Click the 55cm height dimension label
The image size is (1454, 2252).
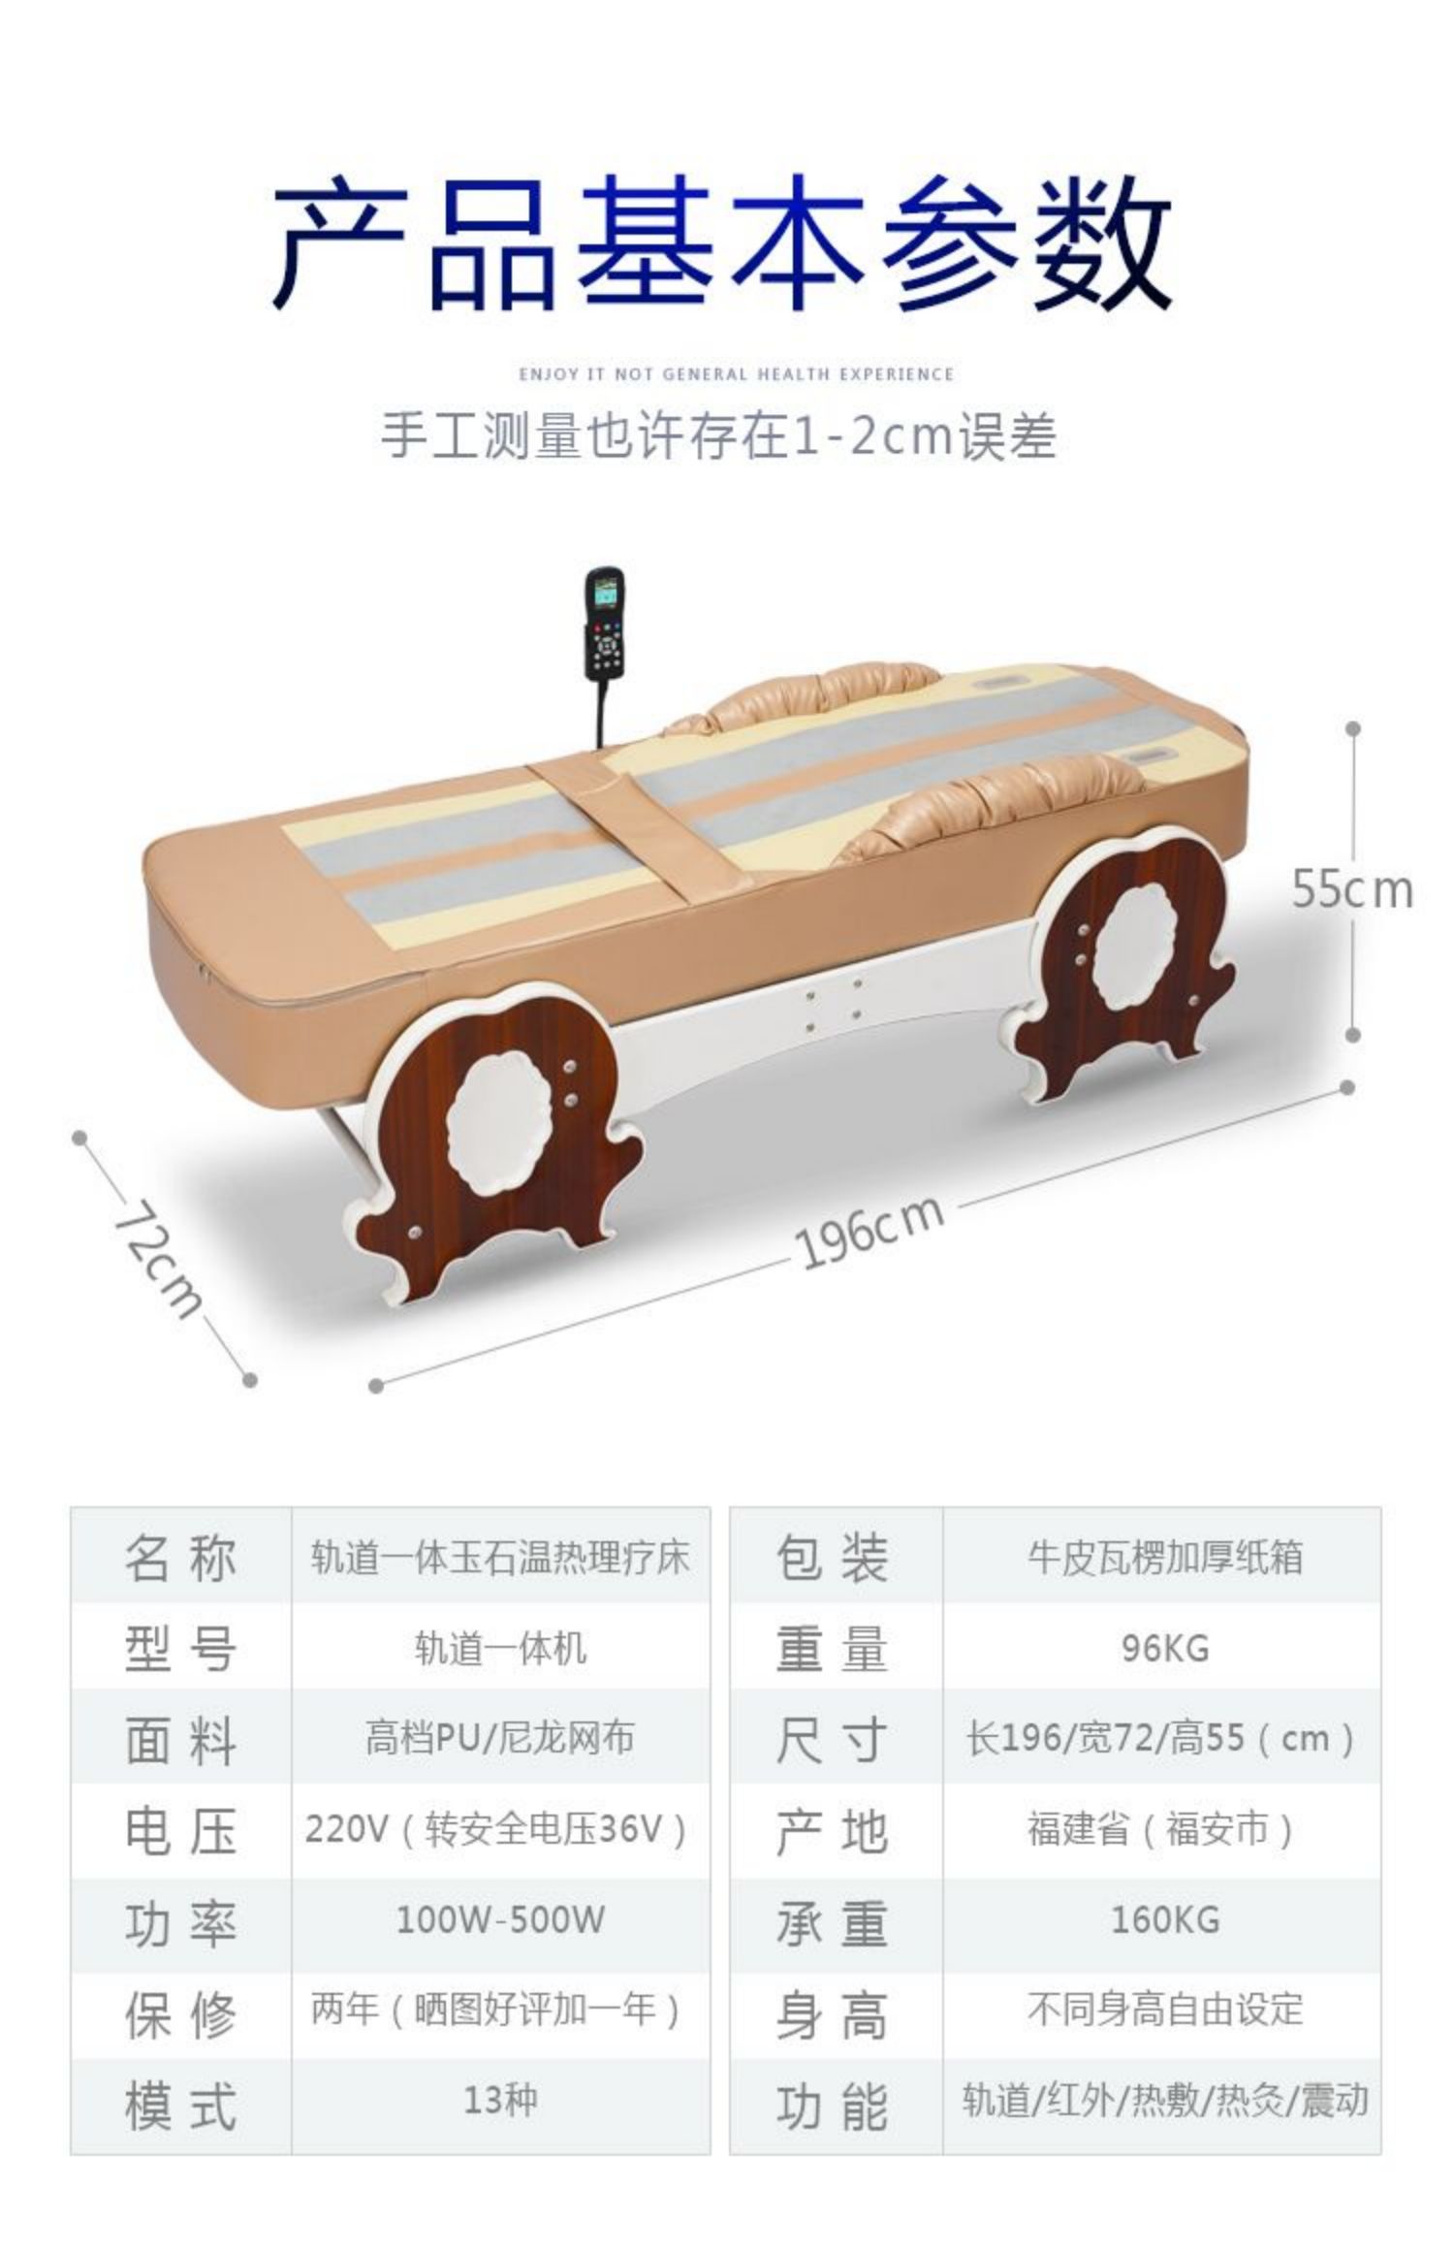[x=1352, y=890]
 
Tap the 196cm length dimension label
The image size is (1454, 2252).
[x=869, y=1233]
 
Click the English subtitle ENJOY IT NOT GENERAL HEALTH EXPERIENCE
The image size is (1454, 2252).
[x=736, y=374]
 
